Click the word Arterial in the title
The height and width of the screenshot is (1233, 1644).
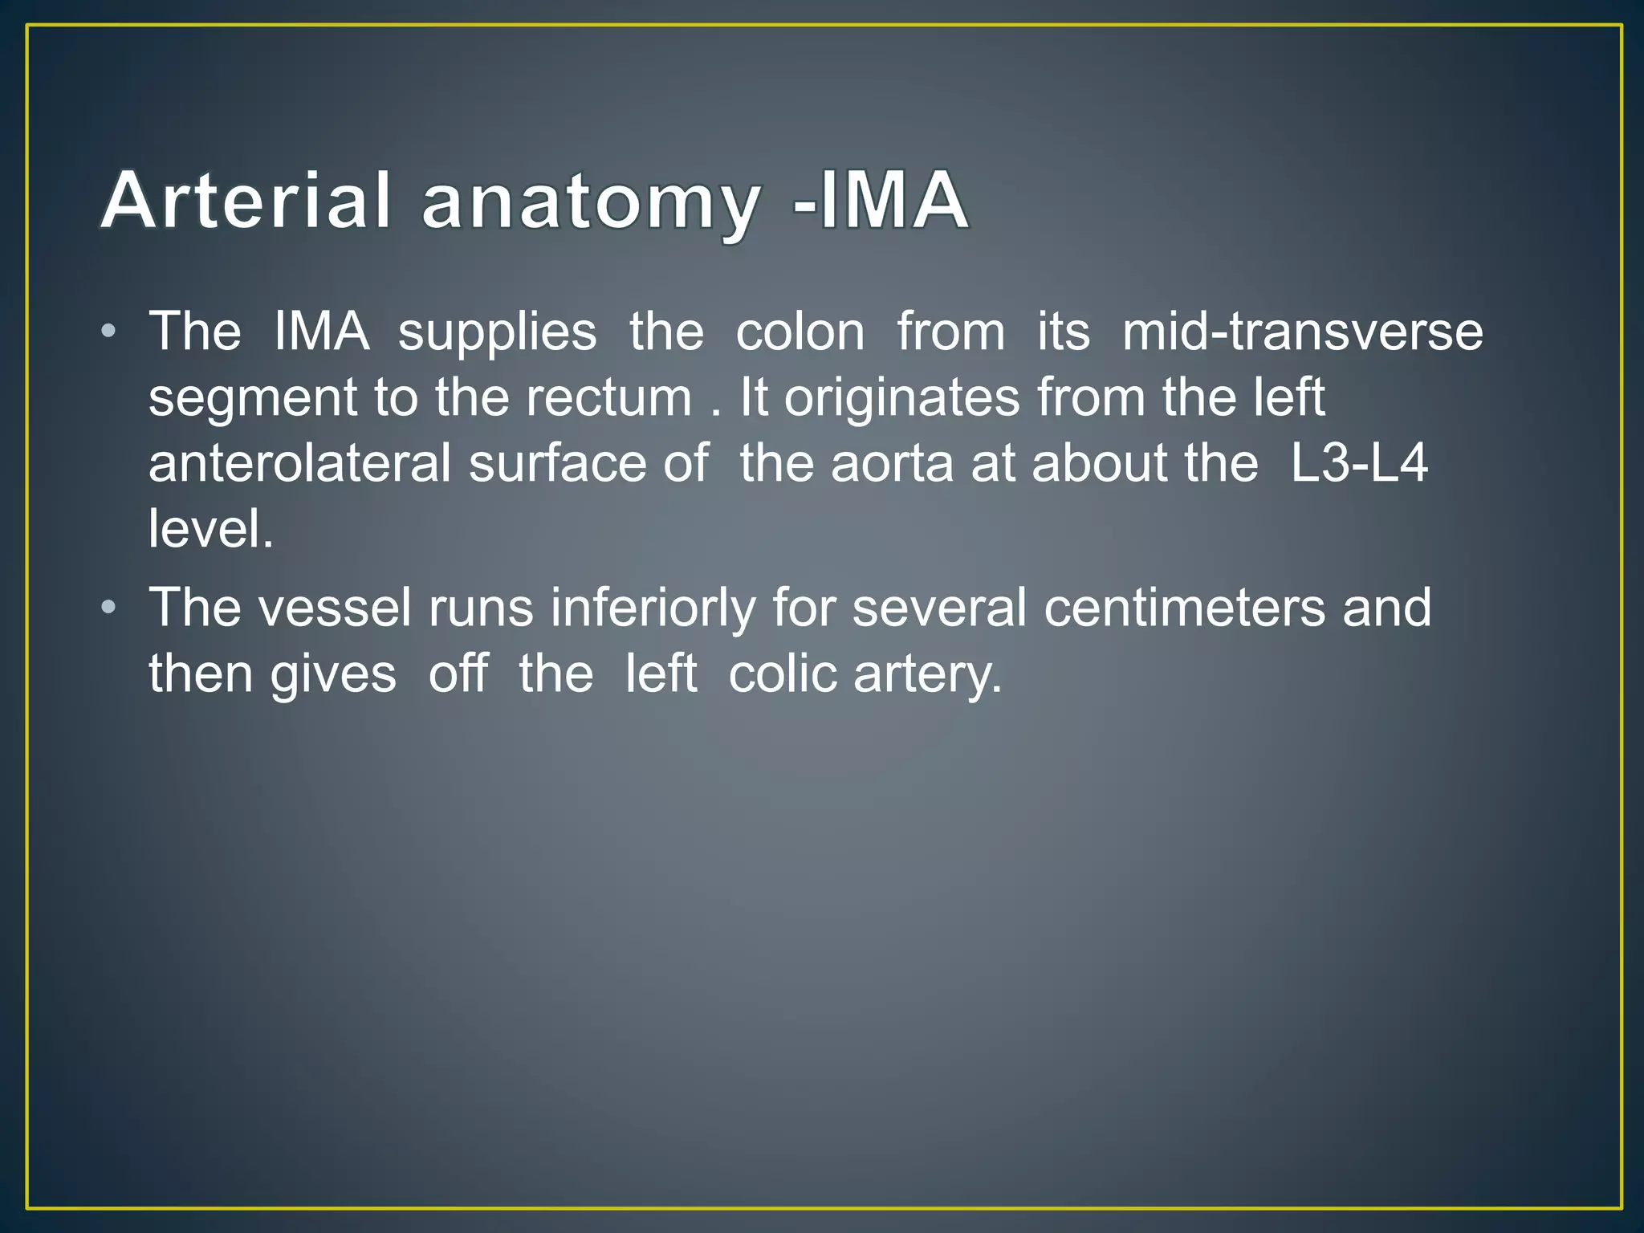coord(246,200)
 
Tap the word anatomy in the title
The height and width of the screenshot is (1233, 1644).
coord(590,201)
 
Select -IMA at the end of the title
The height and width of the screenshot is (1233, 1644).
coord(880,200)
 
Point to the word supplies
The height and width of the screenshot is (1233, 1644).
coord(498,332)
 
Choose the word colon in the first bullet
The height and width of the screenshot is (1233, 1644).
coord(800,331)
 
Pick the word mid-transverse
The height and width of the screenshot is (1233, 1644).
coord(1302,331)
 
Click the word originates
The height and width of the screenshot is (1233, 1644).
coord(901,399)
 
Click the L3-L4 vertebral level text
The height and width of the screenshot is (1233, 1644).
coord(1358,463)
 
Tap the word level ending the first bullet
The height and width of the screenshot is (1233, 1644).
coord(210,530)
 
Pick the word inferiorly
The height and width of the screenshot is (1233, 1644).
coord(653,608)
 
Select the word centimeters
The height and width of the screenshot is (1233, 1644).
coord(1184,607)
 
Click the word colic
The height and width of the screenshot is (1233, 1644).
coord(782,673)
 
